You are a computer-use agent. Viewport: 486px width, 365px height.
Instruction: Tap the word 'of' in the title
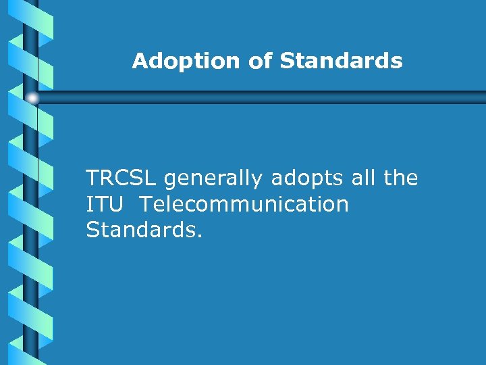click(261, 62)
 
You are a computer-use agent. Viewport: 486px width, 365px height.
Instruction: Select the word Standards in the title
click(341, 62)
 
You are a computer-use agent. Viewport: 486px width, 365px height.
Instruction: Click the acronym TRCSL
click(122, 178)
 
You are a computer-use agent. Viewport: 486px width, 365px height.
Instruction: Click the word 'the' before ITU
click(400, 178)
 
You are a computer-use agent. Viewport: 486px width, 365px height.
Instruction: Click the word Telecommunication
click(244, 204)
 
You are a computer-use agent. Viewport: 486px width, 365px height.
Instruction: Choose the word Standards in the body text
click(141, 230)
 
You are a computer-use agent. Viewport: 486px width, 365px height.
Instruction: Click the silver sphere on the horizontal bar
click(32, 98)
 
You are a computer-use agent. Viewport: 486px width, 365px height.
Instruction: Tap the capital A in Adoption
click(140, 62)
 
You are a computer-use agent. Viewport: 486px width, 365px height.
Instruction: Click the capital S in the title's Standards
click(287, 62)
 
